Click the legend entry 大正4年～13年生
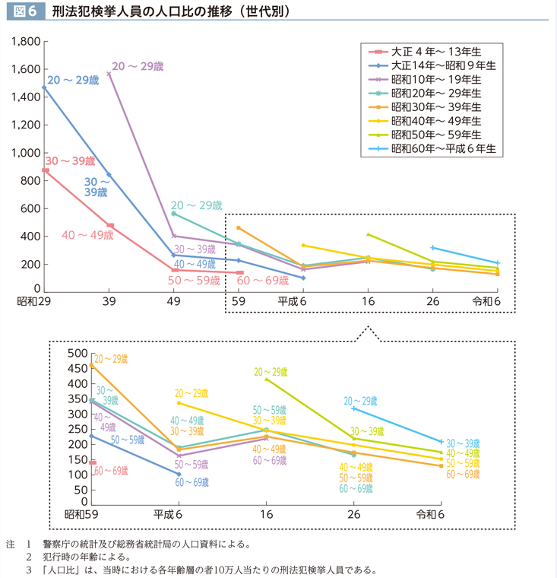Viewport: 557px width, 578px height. pos(435,52)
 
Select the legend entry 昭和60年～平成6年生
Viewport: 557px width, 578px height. pos(443,148)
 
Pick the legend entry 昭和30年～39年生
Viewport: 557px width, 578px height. pos(435,107)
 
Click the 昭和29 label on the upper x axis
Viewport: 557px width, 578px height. pos(33,301)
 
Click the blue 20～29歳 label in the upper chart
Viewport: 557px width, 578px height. pos(73,79)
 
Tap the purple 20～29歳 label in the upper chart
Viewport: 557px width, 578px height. pos(138,67)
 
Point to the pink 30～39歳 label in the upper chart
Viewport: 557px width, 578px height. pos(70,160)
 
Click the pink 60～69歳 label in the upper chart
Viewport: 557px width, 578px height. pos(264,281)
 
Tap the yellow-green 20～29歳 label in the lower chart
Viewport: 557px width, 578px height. pos(271,373)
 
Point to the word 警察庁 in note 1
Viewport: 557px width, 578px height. pos(52,544)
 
